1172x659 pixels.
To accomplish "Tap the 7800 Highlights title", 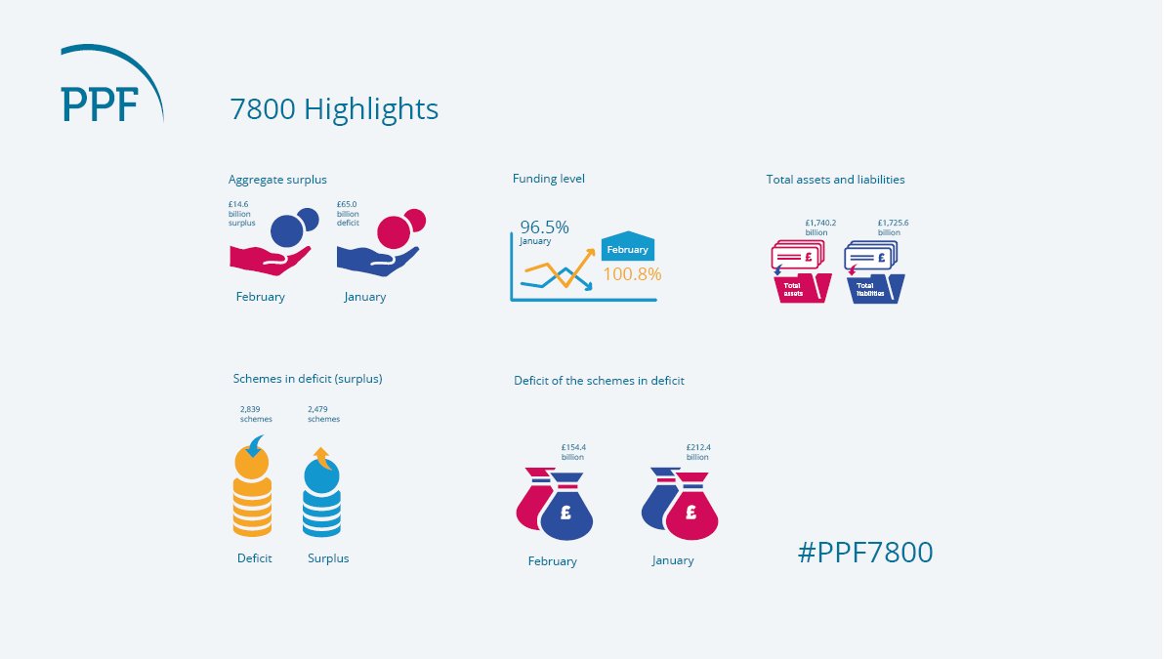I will [334, 109].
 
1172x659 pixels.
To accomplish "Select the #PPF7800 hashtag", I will [865, 553].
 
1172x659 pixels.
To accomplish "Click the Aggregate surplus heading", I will [277, 180].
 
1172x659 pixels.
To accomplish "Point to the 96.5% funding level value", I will [544, 227].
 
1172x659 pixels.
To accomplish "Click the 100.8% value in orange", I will [631, 274].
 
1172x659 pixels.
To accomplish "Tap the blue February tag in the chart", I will [627, 248].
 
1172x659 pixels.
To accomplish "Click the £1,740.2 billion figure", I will [820, 227].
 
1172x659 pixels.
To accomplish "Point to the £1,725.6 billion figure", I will [893, 227].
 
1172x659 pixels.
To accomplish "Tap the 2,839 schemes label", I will [256, 414].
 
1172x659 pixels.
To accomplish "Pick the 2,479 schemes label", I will [323, 414].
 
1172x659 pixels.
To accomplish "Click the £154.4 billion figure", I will [573, 452].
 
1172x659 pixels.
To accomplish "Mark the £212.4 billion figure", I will [698, 452].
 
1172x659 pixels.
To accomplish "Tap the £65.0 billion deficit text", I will [348, 214].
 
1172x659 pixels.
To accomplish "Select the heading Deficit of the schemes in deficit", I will [599, 381].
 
